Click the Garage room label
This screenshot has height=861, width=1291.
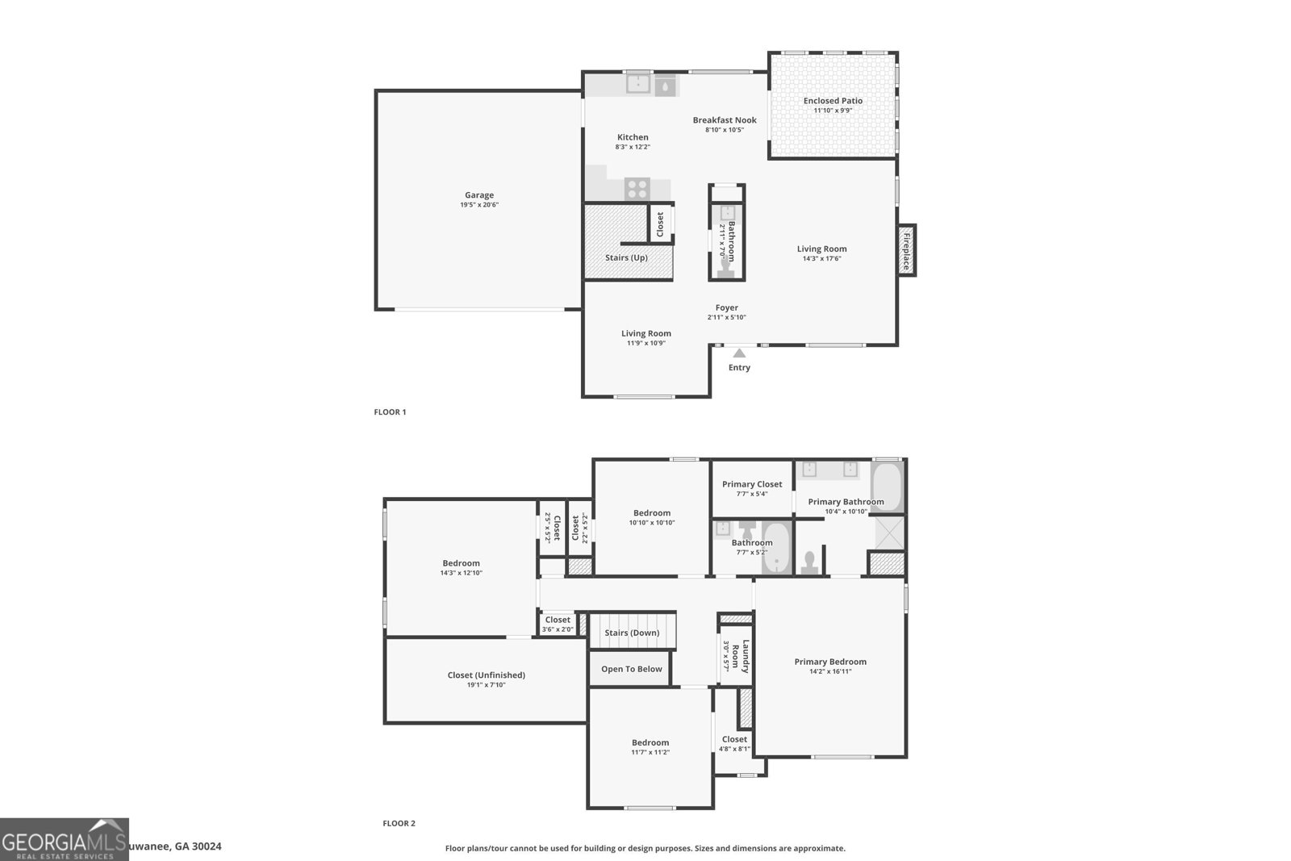(478, 195)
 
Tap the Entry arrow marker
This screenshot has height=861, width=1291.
(739, 353)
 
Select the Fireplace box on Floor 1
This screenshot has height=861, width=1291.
(906, 250)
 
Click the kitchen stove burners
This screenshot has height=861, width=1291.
(637, 189)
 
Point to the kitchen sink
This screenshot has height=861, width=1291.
(638, 84)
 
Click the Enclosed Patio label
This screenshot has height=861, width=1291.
(833, 101)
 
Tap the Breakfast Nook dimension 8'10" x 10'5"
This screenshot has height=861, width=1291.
(724, 130)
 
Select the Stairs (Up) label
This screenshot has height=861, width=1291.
(626, 258)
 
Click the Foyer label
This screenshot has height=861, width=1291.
(726, 307)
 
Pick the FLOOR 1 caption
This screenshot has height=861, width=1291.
(390, 412)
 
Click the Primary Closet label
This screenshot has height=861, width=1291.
(751, 484)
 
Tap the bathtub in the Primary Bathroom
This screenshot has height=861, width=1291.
(888, 487)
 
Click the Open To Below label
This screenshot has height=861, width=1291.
(631, 669)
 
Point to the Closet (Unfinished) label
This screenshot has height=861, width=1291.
(486, 675)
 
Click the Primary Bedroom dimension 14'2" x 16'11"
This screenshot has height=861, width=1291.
(830, 671)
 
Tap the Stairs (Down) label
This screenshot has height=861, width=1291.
(632, 633)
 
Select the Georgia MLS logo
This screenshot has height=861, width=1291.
(64, 840)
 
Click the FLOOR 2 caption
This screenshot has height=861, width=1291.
(399, 824)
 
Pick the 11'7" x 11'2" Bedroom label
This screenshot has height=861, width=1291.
(650, 743)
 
